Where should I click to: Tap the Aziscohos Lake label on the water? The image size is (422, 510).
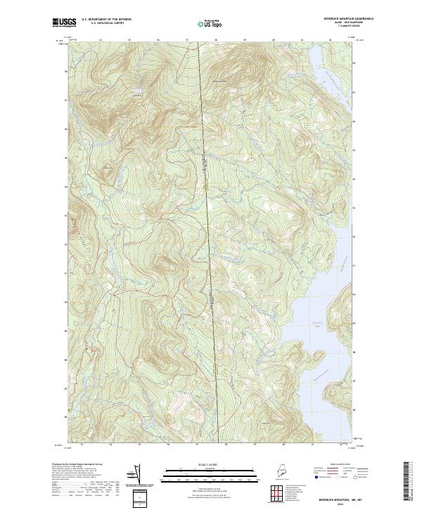pyautogui.click(x=317, y=325)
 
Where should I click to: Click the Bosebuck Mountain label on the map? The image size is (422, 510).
pyautogui.click(x=220, y=79)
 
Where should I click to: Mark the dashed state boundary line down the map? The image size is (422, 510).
pyautogui.click(x=209, y=211)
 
